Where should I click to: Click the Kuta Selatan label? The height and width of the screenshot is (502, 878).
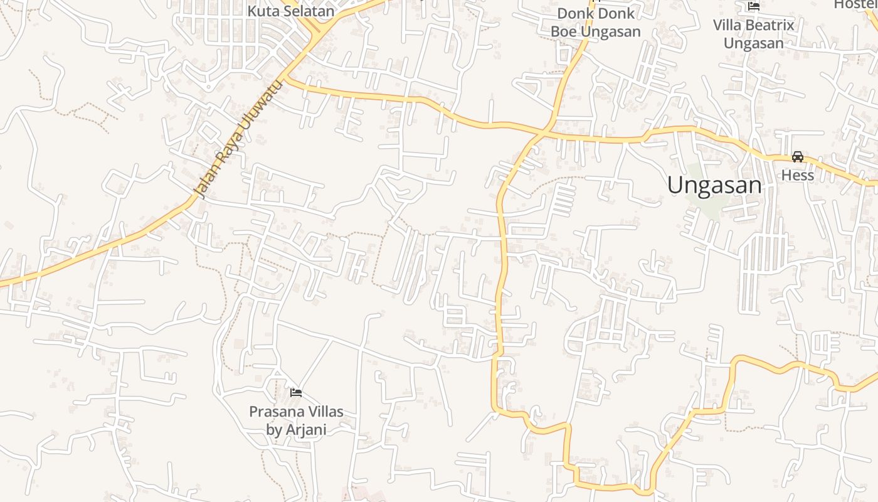click(x=291, y=11)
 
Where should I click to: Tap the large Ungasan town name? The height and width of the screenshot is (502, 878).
click(x=714, y=185)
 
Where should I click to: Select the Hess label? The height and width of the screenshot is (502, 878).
click(x=797, y=175)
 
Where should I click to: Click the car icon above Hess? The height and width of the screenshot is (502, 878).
click(x=797, y=156)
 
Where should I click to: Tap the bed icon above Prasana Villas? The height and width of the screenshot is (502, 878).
click(x=296, y=393)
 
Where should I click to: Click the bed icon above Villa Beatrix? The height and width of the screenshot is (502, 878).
click(x=754, y=6)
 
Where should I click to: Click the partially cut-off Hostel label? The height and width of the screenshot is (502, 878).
click(x=855, y=4)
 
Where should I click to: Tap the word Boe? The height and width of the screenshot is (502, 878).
click(x=562, y=31)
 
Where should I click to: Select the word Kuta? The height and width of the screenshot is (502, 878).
click(x=260, y=11)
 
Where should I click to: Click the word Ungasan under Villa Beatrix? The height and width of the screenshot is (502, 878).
click(x=753, y=43)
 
